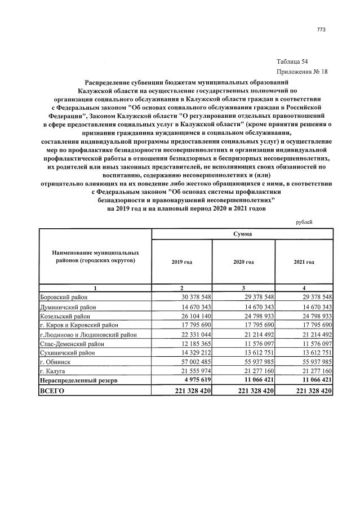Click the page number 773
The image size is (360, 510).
coord(322,30)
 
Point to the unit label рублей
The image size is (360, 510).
coord(304,222)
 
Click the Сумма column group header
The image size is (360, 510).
coord(243,233)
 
